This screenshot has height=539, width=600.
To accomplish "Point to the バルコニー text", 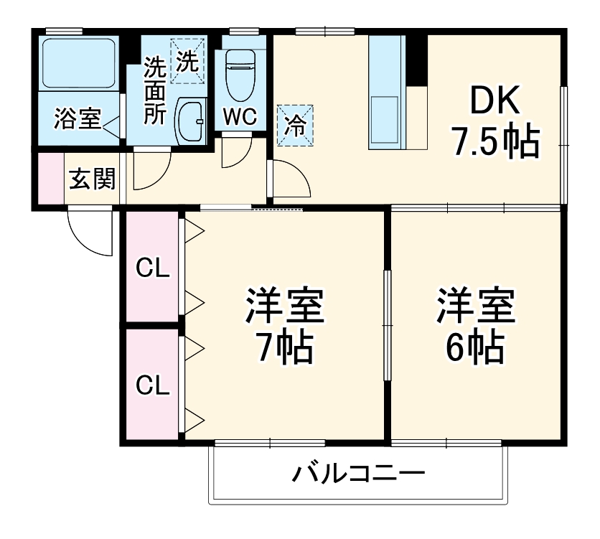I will pos(358,474).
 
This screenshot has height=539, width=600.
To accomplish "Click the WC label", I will pos(239,117).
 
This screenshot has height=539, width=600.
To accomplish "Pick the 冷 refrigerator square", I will pos(295,126).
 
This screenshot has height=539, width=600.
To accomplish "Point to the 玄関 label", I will pos(92,179).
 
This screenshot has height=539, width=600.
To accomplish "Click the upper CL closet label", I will pos(153,268).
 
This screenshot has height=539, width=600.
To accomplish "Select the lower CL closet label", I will pos(153,386).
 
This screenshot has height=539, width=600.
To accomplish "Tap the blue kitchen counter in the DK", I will pos(388,93).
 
